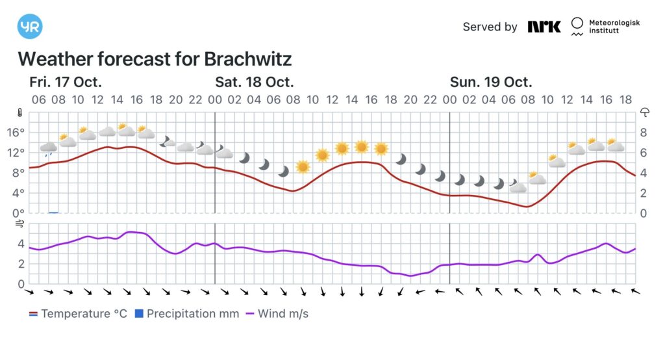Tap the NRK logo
tap(544, 27)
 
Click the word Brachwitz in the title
tap(247, 59)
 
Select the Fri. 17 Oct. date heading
tap(66, 83)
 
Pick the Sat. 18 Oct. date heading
tap(255, 83)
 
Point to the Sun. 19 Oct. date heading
tap(491, 83)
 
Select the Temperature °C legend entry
tap(78, 314)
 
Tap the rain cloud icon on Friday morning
tap(48, 149)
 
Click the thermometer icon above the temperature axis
tap(21, 112)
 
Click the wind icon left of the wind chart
tap(20, 224)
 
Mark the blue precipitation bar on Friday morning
tap(53, 212)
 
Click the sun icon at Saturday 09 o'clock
tap(303, 166)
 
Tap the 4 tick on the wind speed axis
tap(21, 244)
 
